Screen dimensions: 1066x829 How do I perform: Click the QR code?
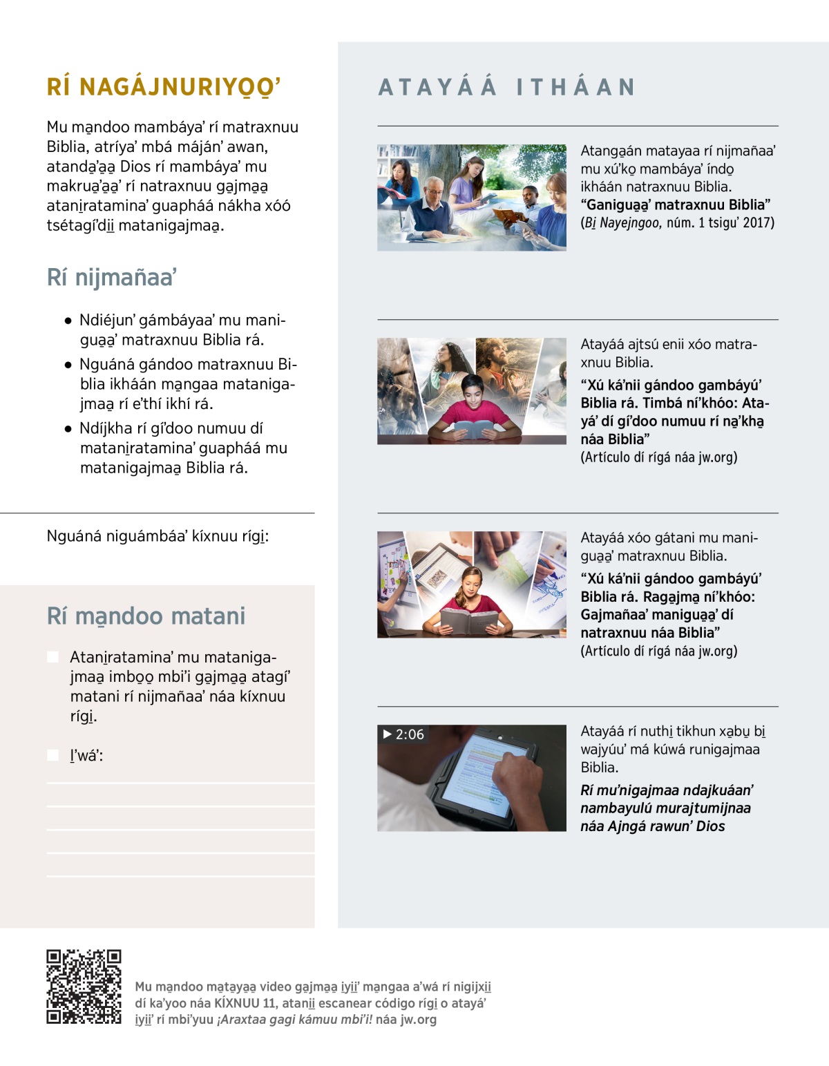(x=84, y=987)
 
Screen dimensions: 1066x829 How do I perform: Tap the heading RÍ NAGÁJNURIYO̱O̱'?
(x=164, y=88)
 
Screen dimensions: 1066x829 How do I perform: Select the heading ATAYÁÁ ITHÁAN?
(x=506, y=87)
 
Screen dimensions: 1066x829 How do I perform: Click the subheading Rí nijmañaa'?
(x=112, y=278)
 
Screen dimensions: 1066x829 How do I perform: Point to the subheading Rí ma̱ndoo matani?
(x=146, y=616)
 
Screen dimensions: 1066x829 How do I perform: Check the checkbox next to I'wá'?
(x=53, y=755)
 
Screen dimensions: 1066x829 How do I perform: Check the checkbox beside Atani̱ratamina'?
(x=53, y=657)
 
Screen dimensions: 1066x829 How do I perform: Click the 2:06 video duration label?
(x=410, y=734)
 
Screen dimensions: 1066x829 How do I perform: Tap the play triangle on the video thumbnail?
(x=388, y=734)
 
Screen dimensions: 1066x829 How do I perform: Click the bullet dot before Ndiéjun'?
(x=68, y=321)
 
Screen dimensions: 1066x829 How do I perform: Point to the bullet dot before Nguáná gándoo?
(x=68, y=365)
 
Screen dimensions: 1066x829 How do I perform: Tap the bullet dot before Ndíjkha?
(x=68, y=428)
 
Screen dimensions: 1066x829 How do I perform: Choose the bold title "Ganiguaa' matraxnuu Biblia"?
(x=675, y=204)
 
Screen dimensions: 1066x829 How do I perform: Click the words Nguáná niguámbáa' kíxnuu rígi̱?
(x=158, y=536)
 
